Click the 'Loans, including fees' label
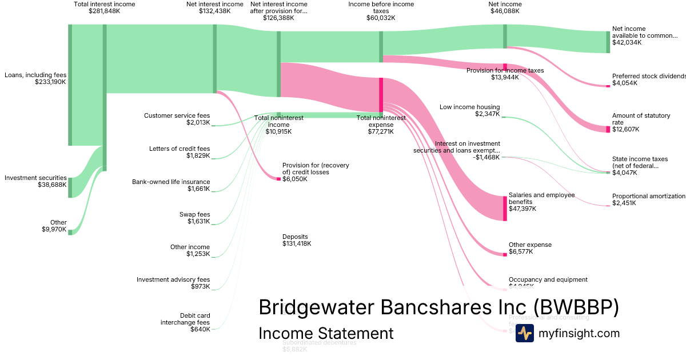click(35, 75)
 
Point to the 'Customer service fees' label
click(177, 115)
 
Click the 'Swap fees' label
click(194, 214)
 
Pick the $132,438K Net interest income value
click(214, 11)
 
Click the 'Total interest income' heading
click(104, 4)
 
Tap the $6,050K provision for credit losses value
click(294, 179)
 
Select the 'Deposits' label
click(295, 237)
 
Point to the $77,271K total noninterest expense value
click(381, 131)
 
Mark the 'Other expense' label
click(530, 245)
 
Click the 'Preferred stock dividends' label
click(648, 76)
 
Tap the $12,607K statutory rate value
click(625, 129)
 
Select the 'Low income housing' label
click(469, 107)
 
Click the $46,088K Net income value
click(505, 11)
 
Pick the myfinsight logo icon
click(524, 333)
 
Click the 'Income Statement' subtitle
click(326, 333)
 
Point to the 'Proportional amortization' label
click(648, 196)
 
